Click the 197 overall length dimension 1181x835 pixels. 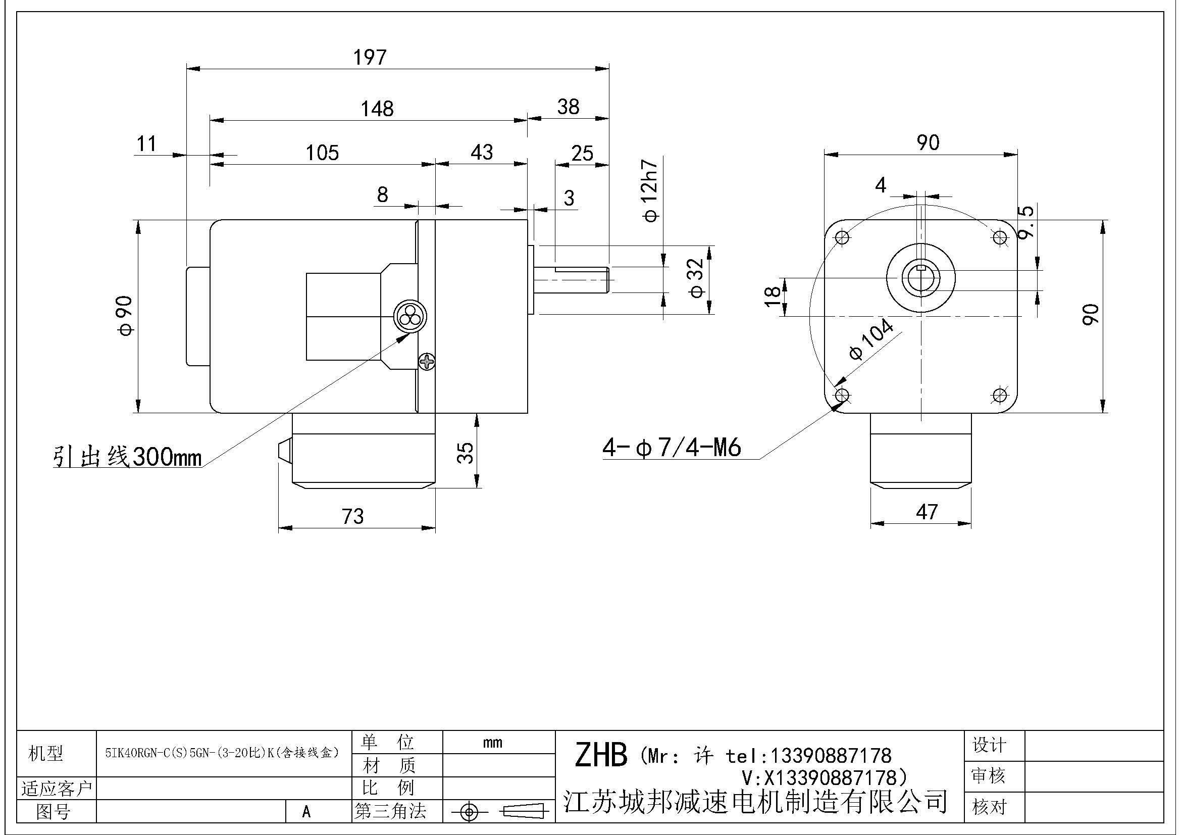pos(369,57)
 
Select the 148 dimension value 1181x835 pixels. pos(377,109)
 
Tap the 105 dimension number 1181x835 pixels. pos(322,153)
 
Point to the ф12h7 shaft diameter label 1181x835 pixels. pos(650,190)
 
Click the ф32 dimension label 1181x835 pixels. pos(696,278)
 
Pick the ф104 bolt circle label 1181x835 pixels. pos(871,339)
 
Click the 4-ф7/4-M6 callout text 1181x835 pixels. pos(672,447)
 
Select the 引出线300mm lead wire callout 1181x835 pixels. pos(128,456)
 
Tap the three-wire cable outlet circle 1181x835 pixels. pos(409,316)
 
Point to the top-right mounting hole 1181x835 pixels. pos(999,238)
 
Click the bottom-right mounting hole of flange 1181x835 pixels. pos(999,395)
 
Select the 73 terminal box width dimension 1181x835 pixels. pos(353,516)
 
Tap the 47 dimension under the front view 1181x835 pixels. pos(927,512)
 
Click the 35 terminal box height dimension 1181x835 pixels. pos(465,453)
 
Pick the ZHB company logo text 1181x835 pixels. pos(601,755)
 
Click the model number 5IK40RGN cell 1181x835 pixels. pos(222,753)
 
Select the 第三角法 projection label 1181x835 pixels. pos(390,811)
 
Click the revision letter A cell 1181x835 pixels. pos(306,812)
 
